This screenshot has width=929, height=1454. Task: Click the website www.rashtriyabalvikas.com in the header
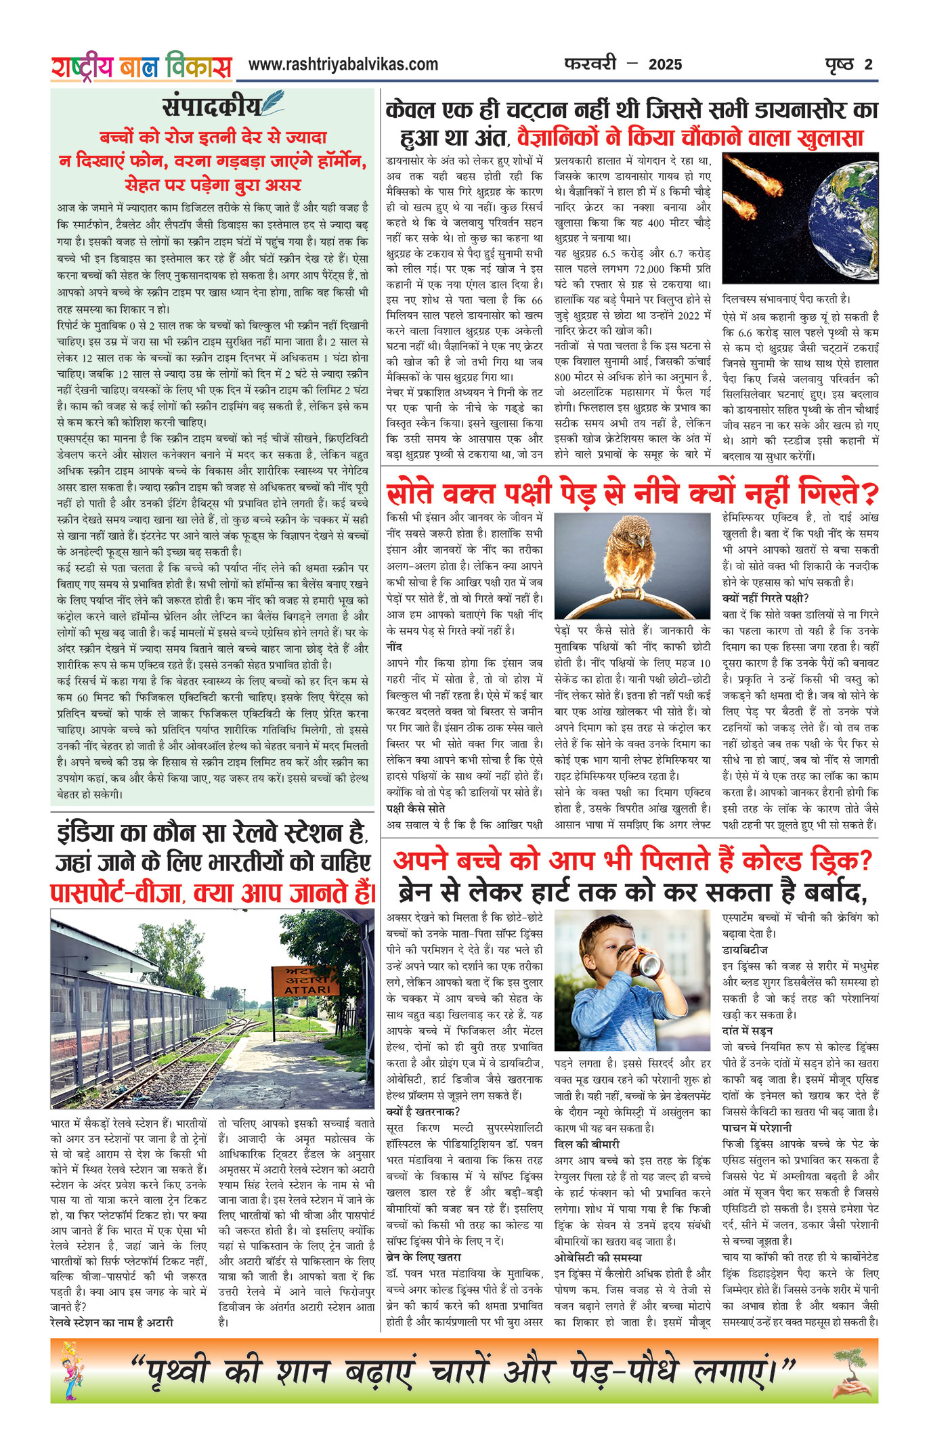pyautogui.click(x=343, y=65)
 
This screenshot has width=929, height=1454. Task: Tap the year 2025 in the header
pyautogui.click(x=665, y=65)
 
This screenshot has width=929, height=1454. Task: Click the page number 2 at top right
pyautogui.click(x=869, y=65)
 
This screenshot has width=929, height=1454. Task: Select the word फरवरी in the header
pyautogui.click(x=590, y=64)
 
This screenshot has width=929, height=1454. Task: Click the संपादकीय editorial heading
pyautogui.click(x=211, y=106)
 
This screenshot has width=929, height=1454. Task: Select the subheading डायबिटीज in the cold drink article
pyautogui.click(x=745, y=950)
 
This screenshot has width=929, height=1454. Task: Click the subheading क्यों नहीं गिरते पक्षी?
pyautogui.click(x=765, y=598)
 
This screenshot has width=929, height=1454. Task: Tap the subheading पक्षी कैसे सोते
pyautogui.click(x=415, y=809)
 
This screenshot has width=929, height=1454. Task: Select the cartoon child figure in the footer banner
pyautogui.click(x=70, y=1370)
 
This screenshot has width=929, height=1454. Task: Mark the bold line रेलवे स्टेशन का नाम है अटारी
pyautogui.click(x=112, y=1323)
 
